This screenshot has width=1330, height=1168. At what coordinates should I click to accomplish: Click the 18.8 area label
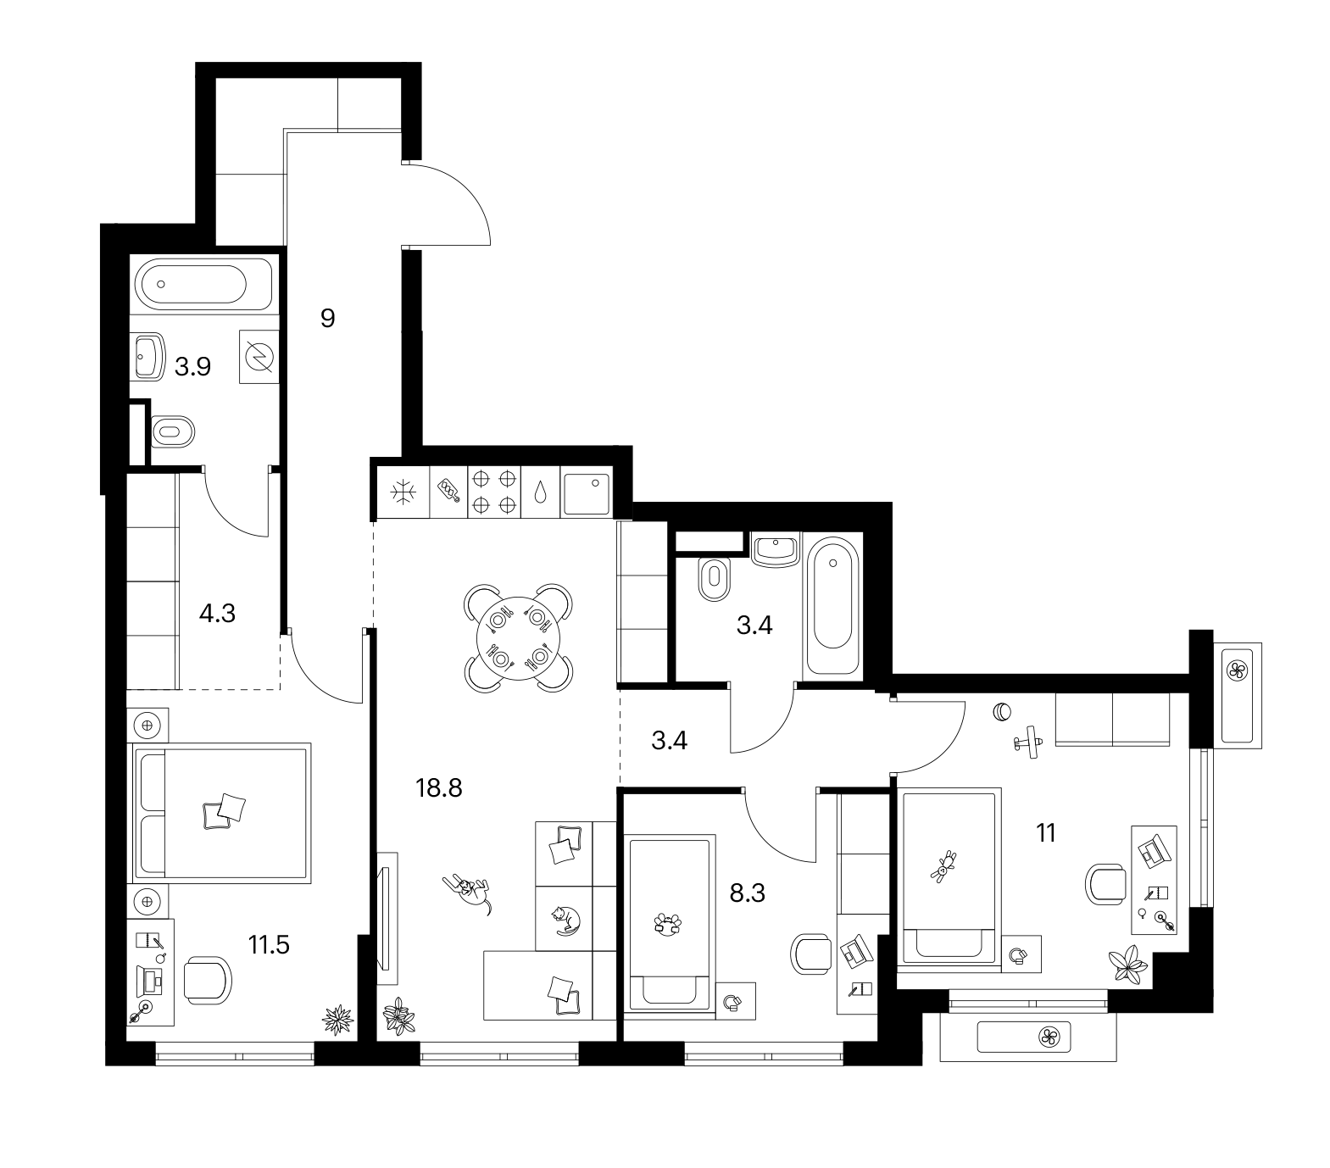click(439, 789)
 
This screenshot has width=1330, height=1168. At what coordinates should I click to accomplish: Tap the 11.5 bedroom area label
click(268, 944)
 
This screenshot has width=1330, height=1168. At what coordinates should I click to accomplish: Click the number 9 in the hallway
click(328, 319)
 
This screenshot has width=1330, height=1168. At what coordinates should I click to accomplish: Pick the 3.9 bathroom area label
click(192, 367)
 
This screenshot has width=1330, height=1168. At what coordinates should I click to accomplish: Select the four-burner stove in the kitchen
click(494, 492)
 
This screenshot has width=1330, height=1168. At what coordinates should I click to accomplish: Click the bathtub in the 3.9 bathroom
click(203, 286)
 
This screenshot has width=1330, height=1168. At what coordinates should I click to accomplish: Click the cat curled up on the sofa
click(564, 920)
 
